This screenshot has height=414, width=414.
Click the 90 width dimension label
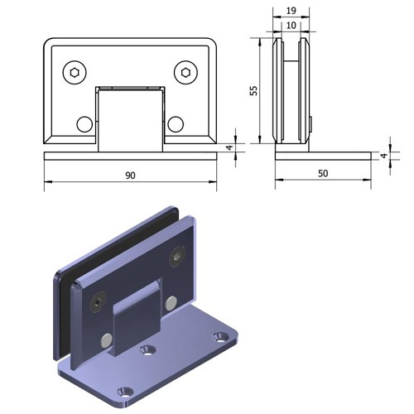tap(130, 176)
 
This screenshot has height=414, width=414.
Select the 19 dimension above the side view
tap(291, 11)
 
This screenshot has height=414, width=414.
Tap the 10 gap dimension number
tap(291, 26)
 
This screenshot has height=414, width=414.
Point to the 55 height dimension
tap(253, 90)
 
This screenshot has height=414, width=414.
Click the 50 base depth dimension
tap(323, 174)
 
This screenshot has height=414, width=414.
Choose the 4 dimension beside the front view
tap(229, 147)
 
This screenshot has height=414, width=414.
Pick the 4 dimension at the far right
tap(384, 156)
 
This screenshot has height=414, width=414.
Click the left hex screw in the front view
tap(75, 73)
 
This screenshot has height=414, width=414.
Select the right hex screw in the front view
tap(185, 73)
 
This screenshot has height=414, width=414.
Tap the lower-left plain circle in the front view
tap(84, 124)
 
